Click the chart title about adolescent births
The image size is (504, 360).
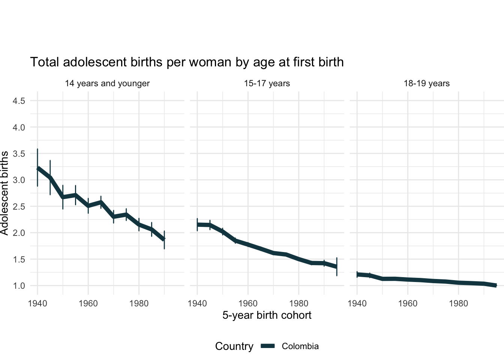pyautogui.click(x=187, y=62)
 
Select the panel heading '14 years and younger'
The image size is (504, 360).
pyautogui.click(x=107, y=83)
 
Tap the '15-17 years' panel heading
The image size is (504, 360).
pyautogui.click(x=267, y=83)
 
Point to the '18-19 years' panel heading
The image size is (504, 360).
pyautogui.click(x=426, y=83)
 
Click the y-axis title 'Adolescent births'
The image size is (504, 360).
pyautogui.click(x=4, y=193)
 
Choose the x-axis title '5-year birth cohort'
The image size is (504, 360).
pyautogui.click(x=267, y=315)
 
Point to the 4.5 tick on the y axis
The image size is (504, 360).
pyautogui.click(x=19, y=101)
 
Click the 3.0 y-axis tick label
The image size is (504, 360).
pyautogui.click(x=19, y=180)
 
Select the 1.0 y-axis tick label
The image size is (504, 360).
pyautogui.click(x=19, y=286)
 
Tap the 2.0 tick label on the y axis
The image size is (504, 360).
pyautogui.click(x=19, y=233)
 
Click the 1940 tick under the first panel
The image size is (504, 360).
pyautogui.click(x=37, y=303)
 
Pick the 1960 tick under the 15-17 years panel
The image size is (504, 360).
pyautogui.click(x=248, y=303)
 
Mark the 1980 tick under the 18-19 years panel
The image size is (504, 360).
pyautogui.click(x=458, y=303)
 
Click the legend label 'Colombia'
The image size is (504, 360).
pyautogui.click(x=300, y=346)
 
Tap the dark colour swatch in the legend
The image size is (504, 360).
pyautogui.click(x=268, y=346)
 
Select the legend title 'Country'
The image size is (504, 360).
pyautogui.click(x=234, y=346)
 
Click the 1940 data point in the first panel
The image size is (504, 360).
pyautogui.click(x=38, y=169)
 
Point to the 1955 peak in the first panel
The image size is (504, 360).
pyautogui.click(x=75, y=195)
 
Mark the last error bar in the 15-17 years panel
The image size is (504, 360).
pyautogui.click(x=337, y=267)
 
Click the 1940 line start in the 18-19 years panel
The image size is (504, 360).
pyautogui.click(x=357, y=274)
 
